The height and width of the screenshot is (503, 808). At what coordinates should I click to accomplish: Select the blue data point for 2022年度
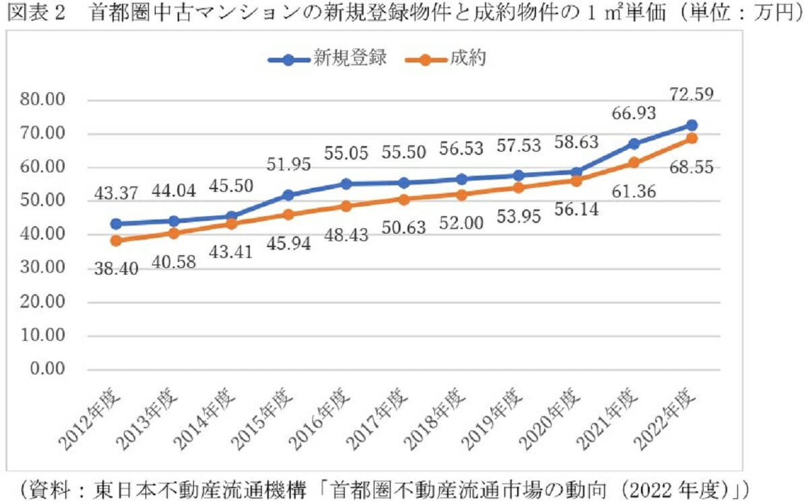pos(692,125)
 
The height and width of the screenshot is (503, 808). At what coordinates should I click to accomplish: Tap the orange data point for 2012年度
pos(116,240)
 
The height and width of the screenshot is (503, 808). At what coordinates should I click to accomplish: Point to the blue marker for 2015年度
pos(289,195)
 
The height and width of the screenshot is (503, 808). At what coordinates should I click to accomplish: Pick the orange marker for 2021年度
pos(634,163)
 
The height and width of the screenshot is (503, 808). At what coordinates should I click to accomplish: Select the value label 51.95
pos(288,165)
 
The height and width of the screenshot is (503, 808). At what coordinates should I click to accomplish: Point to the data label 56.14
pos(577,210)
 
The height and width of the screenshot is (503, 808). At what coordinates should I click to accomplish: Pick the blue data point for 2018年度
pos(461,179)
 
